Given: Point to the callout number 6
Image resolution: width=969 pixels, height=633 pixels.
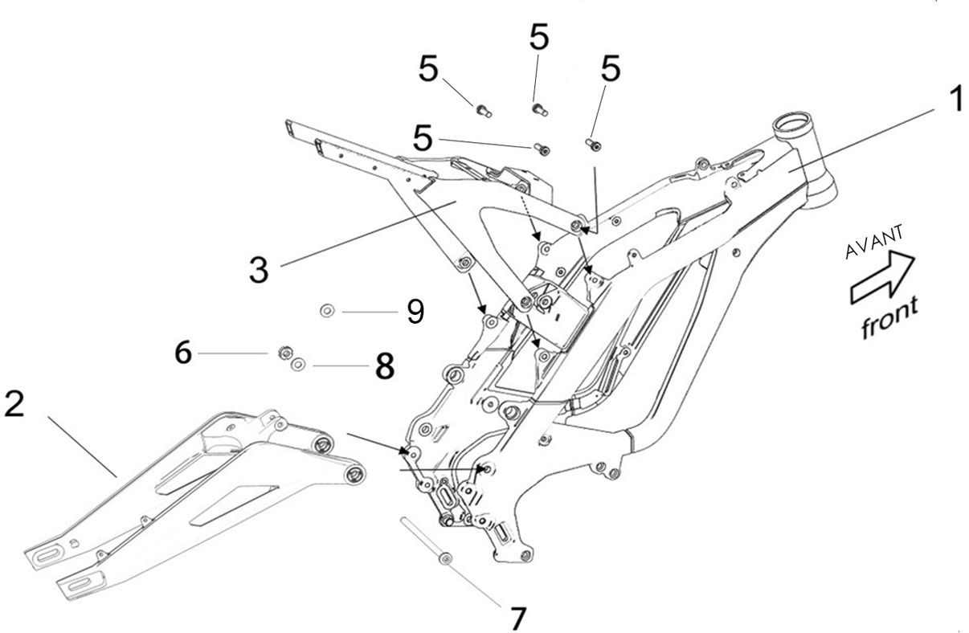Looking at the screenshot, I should click(184, 353).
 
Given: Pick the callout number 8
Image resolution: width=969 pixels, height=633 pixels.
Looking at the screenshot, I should click(383, 368).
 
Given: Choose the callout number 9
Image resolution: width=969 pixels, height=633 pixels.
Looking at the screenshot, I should click(415, 311).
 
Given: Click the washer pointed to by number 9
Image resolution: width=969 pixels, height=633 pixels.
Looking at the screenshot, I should click(327, 309).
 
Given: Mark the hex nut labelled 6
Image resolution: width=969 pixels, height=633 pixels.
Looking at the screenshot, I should click(283, 351).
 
